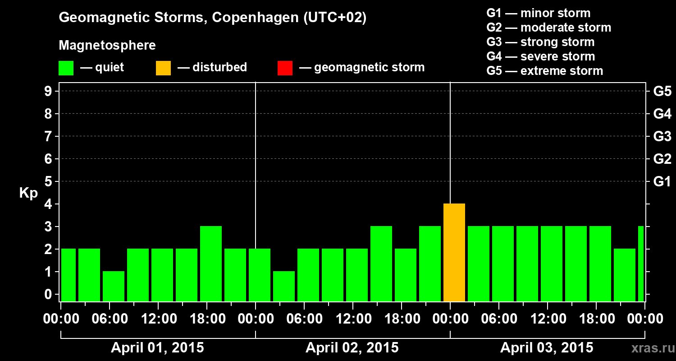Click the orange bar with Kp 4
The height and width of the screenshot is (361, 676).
pyautogui.click(x=454, y=253)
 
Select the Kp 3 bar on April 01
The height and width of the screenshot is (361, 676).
pyautogui.click(x=210, y=264)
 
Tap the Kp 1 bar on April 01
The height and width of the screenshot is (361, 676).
pyautogui.click(x=113, y=286)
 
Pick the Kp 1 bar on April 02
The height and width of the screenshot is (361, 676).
pyautogui.click(x=283, y=286)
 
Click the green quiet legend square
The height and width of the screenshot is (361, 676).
pyautogui.click(x=66, y=68)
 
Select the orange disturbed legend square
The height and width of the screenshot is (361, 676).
pyautogui.click(x=163, y=68)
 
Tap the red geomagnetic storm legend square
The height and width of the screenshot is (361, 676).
pyautogui.click(x=285, y=68)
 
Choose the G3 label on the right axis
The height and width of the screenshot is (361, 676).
pyautogui.click(x=662, y=136)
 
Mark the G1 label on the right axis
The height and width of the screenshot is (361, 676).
pyautogui.click(x=662, y=182)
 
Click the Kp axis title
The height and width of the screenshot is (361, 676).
pyautogui.click(x=28, y=193)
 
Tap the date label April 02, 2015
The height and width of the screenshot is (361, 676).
pyautogui.click(x=352, y=348)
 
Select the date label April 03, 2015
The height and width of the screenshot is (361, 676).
pyautogui.click(x=547, y=348)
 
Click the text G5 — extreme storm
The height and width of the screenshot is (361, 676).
pyautogui.click(x=544, y=71)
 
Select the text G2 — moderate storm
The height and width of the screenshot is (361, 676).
pyautogui.click(x=548, y=28)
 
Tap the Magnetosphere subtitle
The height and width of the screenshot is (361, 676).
pyautogui.click(x=107, y=46)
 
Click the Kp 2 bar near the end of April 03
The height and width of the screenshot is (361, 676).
pyautogui.click(x=624, y=275)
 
